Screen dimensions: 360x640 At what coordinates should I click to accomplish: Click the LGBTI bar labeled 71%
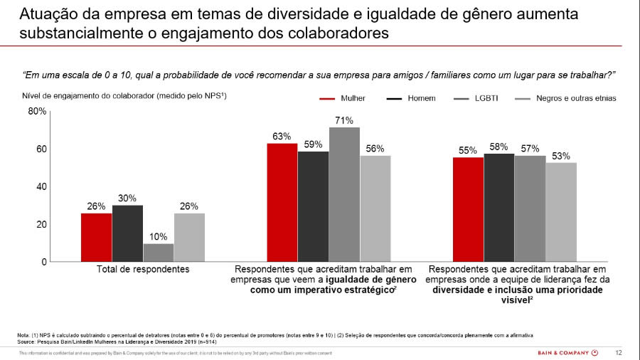[344, 194]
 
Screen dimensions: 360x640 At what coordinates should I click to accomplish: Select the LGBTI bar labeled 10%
[159, 253]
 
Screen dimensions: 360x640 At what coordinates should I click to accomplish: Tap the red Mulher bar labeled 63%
[282, 203]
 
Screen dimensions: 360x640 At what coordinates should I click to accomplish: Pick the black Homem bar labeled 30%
[127, 233]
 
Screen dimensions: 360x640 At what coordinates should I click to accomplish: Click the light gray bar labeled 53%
[561, 212]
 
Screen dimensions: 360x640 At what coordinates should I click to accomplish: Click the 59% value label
[313, 144]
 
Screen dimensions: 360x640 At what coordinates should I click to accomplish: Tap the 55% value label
[468, 150]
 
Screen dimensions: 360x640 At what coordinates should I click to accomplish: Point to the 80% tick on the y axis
[38, 111]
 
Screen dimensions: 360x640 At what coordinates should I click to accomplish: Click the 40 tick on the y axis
[42, 186]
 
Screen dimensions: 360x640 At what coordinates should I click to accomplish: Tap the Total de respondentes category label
[143, 270]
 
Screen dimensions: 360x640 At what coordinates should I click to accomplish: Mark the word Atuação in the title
[44, 15]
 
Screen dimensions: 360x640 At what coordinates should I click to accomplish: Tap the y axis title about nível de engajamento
[124, 95]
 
